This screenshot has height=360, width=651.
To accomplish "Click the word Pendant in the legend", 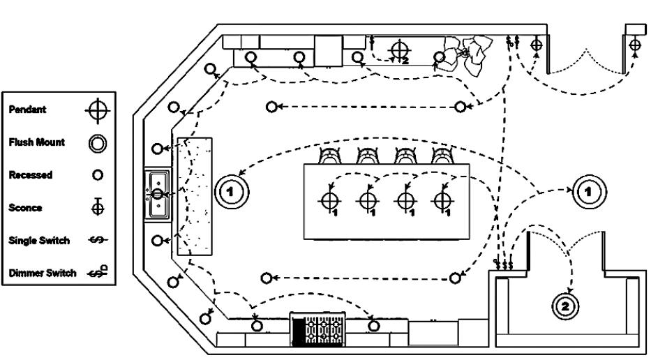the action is click(x=27, y=110).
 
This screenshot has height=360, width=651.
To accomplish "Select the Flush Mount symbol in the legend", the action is click(x=98, y=144).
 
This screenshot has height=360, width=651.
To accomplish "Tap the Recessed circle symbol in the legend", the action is click(x=98, y=175).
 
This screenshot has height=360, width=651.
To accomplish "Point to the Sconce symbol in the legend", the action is click(x=98, y=207).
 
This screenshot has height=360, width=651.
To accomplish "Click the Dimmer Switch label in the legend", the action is click(x=43, y=273).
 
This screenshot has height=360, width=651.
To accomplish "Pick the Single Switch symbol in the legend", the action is click(x=98, y=240).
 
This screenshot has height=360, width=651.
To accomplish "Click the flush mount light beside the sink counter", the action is click(x=232, y=192).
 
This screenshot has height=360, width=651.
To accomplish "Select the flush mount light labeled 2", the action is click(x=565, y=307).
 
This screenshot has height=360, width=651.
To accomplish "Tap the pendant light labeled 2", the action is click(x=400, y=50).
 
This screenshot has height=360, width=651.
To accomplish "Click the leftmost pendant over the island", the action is click(x=330, y=201).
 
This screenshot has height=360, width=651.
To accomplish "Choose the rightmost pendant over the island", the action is click(x=442, y=201).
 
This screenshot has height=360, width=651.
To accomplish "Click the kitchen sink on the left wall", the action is click(x=158, y=195).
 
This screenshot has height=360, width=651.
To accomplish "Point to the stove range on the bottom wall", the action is click(x=317, y=329).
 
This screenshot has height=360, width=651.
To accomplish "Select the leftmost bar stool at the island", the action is click(x=330, y=156).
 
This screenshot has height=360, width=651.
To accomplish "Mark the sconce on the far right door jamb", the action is click(x=635, y=45).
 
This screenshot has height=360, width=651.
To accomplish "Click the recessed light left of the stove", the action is click(x=257, y=326).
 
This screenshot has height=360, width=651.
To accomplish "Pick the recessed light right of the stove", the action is click(x=374, y=326).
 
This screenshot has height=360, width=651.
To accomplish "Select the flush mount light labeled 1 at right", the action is click(x=590, y=192).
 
